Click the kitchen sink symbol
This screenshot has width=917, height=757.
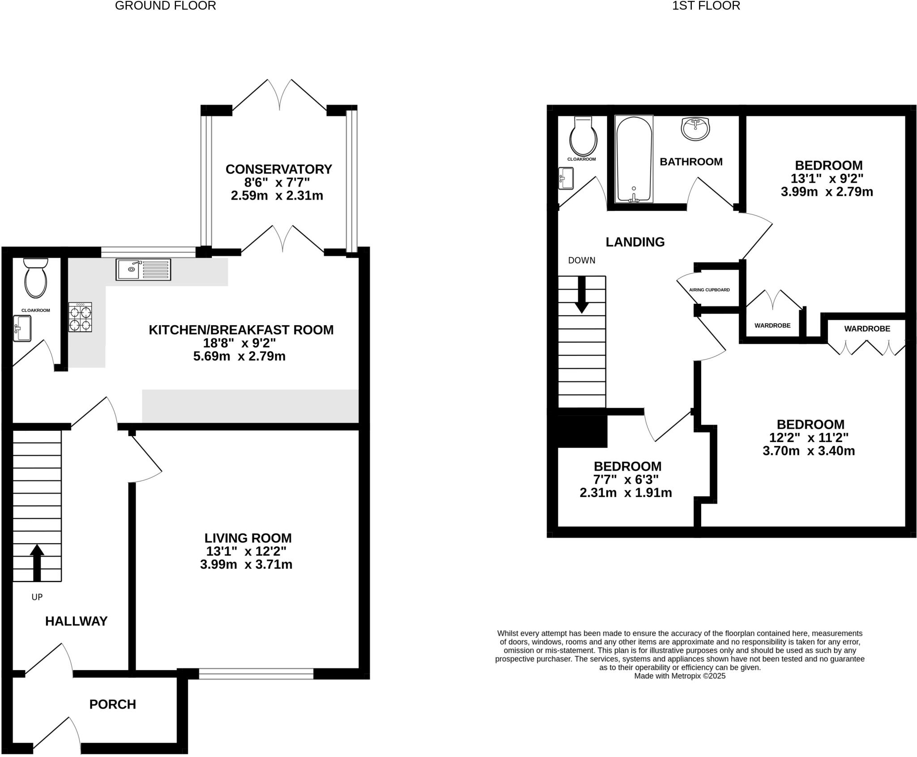point(143,269)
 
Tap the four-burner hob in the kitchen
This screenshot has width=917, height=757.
point(80,317)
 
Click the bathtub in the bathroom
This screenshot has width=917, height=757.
point(634,159)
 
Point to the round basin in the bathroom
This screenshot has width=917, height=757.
point(695,129)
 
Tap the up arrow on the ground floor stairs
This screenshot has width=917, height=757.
point(37,562)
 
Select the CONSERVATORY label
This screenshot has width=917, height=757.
point(279,169)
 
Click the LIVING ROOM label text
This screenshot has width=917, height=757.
point(248,538)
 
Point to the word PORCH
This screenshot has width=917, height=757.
point(112,704)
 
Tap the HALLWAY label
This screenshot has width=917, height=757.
point(76,621)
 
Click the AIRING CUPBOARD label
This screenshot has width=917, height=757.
point(709,290)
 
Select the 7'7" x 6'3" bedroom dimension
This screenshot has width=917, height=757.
point(626,480)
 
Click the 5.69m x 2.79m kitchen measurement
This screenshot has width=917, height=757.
point(239,356)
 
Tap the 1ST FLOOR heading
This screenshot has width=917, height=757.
point(706,6)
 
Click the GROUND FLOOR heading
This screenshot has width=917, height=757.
point(165,6)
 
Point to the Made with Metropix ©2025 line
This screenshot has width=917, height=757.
point(679,676)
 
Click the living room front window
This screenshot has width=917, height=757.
point(256,673)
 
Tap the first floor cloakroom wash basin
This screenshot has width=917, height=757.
point(566,178)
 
